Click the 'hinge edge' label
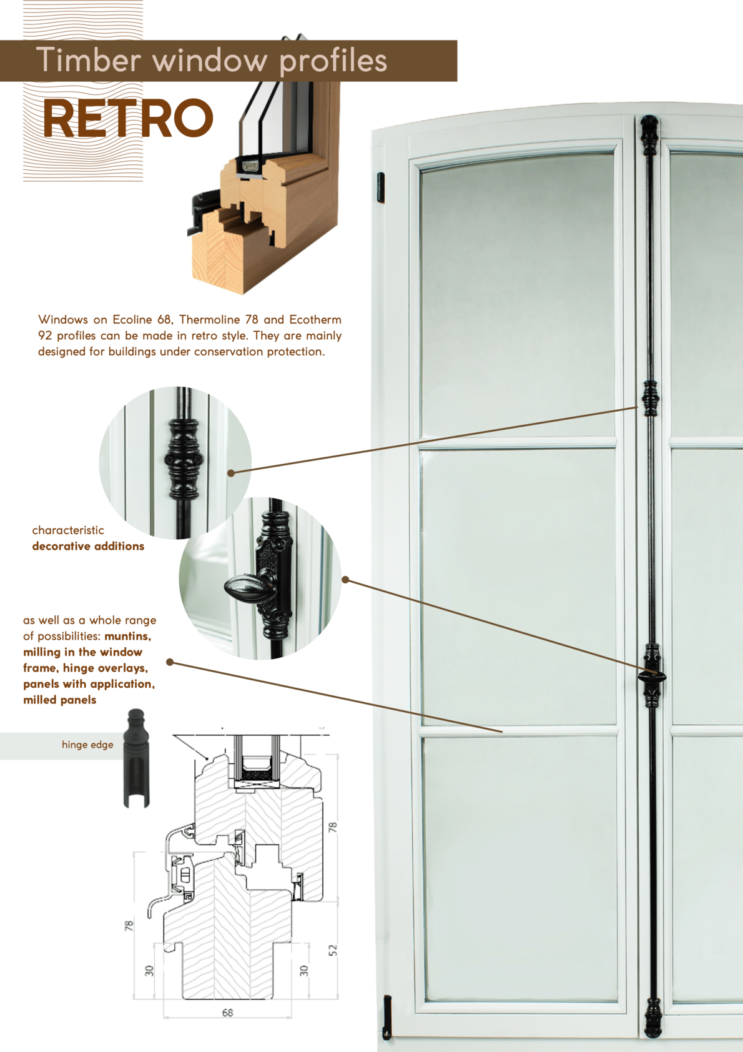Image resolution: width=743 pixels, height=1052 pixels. (x=87, y=745)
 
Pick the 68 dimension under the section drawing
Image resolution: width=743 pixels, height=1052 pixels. (x=228, y=1013)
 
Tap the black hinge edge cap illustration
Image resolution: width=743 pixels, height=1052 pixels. (x=137, y=758)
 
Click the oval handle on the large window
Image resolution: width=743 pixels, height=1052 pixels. (x=651, y=677)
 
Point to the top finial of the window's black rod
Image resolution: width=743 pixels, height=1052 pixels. (x=649, y=136)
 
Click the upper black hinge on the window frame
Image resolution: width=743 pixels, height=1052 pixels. (x=381, y=188)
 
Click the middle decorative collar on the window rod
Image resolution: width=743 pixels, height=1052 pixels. (x=651, y=399)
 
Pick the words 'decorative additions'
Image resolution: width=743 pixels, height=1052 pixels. (x=88, y=546)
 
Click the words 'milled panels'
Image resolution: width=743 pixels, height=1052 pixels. (x=59, y=700)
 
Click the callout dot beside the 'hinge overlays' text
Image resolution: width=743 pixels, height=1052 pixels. (x=170, y=662)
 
